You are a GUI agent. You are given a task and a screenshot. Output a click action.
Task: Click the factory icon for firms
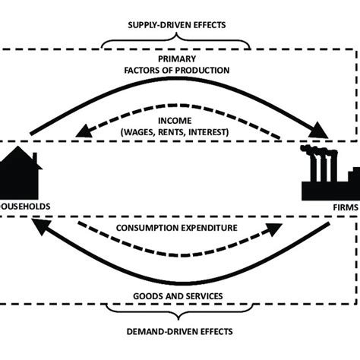click(x=331, y=177)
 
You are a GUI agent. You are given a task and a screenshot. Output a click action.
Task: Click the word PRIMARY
click(x=175, y=58)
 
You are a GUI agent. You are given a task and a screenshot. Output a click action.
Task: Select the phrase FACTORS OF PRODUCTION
click(x=175, y=70)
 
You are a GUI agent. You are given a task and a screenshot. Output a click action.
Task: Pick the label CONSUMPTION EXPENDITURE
click(x=175, y=227)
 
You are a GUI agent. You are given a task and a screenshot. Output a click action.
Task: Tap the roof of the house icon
click(x=18, y=159)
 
